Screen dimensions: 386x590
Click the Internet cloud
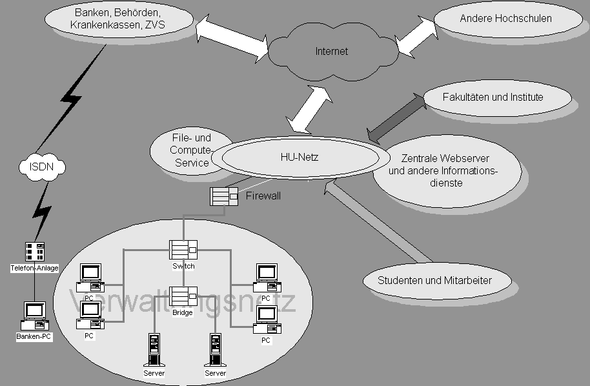coord(331,51)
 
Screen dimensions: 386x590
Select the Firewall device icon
coord(224,196)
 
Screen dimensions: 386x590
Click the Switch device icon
coord(183,250)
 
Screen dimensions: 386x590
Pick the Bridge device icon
coord(183,296)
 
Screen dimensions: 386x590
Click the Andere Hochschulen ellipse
coord(505,19)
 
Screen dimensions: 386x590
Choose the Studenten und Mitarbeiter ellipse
coord(434,281)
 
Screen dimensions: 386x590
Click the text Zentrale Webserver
coord(445,159)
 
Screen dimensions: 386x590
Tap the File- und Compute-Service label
coord(191,150)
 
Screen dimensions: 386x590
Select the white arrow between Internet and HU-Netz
coord(309,108)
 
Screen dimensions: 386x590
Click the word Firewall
coord(263,194)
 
